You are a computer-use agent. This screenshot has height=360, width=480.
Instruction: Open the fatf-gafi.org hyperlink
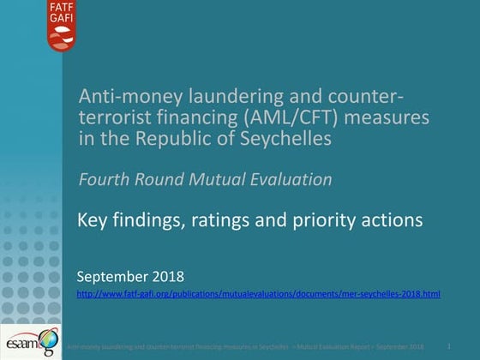pos(258,294)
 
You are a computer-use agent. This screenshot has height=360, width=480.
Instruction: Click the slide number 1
pos(449,345)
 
